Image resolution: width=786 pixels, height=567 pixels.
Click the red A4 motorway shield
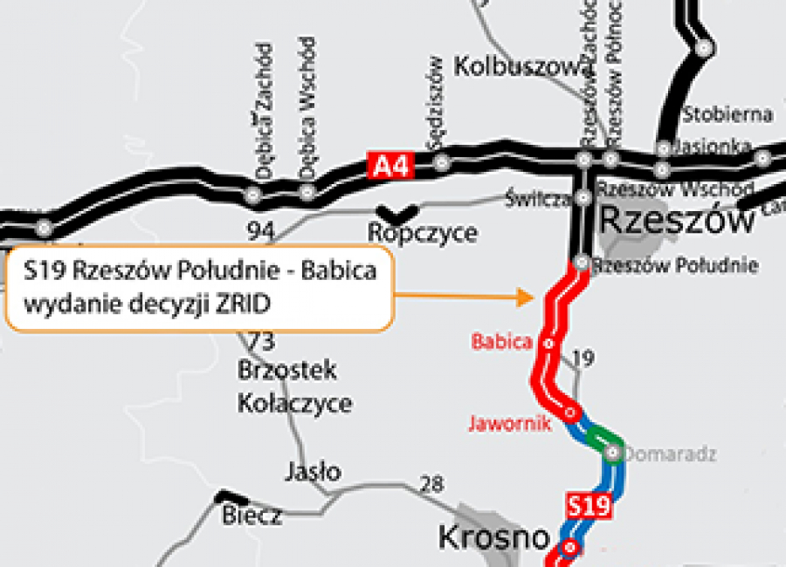pyautogui.click(x=390, y=165)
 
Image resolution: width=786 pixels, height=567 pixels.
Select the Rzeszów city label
pyautogui.click(x=678, y=219)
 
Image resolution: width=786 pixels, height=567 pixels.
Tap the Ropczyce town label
pyautogui.click(x=423, y=233)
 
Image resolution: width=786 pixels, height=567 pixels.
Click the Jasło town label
pyautogui.click(x=314, y=472)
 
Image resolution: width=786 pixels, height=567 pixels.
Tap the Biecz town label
pyautogui.click(x=252, y=515)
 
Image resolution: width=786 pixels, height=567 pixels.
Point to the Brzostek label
pyautogui.click(x=287, y=371)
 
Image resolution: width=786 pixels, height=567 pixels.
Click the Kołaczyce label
pyautogui.click(x=295, y=403)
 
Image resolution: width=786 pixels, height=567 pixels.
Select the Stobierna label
pyautogui.click(x=727, y=113)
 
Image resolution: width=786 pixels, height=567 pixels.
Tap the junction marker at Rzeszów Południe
pyautogui.click(x=583, y=262)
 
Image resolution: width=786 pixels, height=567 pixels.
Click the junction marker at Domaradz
pyautogui.click(x=612, y=452)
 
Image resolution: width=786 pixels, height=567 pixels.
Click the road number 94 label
pyautogui.click(x=260, y=231)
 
